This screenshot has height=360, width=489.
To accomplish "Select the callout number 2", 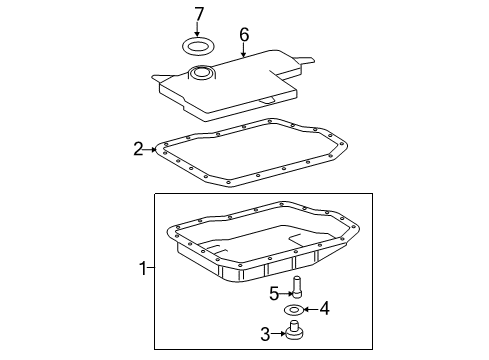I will pyautogui.click(x=139, y=150).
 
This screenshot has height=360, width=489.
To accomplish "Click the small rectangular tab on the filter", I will pyautogui.click(x=264, y=101).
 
